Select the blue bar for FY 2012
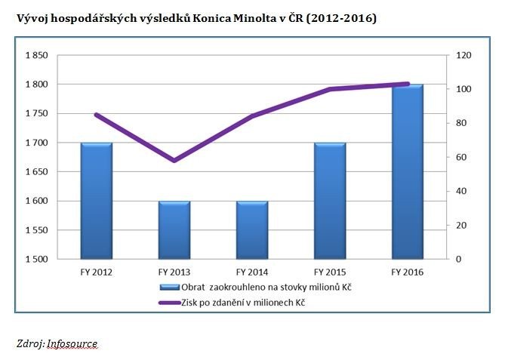tap(97, 201)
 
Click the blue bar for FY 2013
tap(174, 230)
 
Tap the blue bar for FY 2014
tap(252, 230)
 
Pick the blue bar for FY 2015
tap(330, 201)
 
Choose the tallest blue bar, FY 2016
tap(408, 172)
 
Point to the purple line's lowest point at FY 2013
tap(174, 160)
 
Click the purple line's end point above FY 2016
tap(408, 84)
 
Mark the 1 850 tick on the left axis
tap(37, 55)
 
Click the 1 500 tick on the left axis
tap(37, 260)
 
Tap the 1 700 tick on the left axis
tap(37, 143)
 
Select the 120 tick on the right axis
tap(462, 55)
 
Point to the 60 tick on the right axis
tap(460, 157)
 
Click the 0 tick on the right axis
tap(457, 260)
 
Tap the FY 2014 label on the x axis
tap(252, 272)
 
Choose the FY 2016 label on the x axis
tap(408, 272)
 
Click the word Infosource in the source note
tap(72, 343)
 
